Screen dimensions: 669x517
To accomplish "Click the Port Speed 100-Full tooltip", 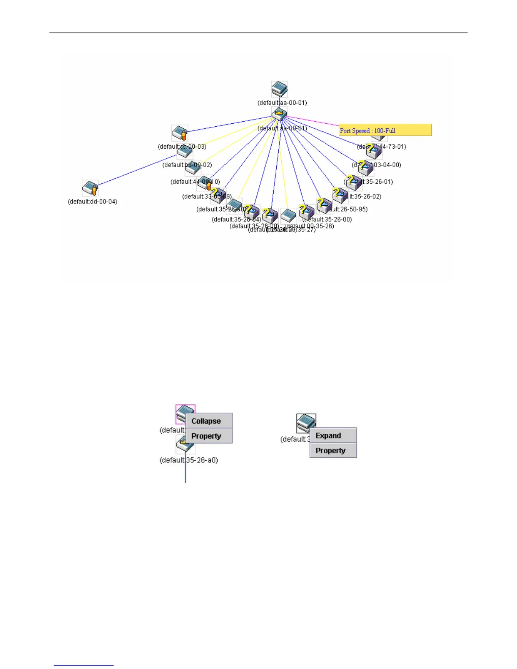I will pos(385,131).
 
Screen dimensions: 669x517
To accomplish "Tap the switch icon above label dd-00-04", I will pos(90,188).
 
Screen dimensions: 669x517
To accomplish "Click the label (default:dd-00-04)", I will pos(93,201).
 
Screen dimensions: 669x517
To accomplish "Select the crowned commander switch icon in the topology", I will pos(279,114).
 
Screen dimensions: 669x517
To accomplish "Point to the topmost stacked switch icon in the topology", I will pos(279,89).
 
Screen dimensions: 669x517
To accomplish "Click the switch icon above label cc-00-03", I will pos(180,133).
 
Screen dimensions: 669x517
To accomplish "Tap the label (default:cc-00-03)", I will pos(182,147).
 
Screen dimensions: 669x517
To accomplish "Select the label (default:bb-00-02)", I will pos(187,165).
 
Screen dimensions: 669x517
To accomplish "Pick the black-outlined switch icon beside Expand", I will pos(305,422).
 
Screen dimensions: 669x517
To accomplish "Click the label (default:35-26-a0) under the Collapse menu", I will pos(189,460).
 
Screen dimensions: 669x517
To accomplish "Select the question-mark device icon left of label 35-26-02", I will pos(340,195).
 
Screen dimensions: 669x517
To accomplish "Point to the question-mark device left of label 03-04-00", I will pos(365,167).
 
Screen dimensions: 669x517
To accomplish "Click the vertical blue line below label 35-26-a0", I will pos(185,473).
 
